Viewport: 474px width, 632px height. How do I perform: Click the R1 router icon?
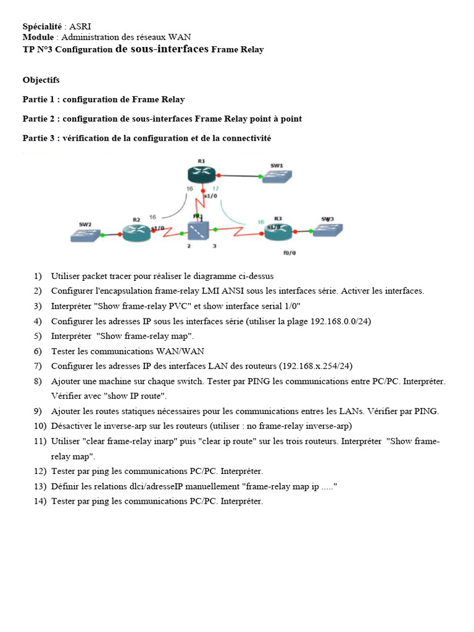(201, 175)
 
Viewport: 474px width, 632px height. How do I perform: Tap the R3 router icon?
(278, 231)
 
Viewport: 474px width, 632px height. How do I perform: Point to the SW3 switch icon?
(327, 230)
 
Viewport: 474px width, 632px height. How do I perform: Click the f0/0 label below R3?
(289, 252)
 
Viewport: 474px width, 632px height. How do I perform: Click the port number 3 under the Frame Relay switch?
(214, 246)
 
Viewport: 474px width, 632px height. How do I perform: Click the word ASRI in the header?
(80, 27)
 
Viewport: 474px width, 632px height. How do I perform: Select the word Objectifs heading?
(41, 80)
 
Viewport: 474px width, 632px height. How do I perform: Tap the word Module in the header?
(38, 38)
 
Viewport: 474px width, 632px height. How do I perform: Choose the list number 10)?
(40, 426)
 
